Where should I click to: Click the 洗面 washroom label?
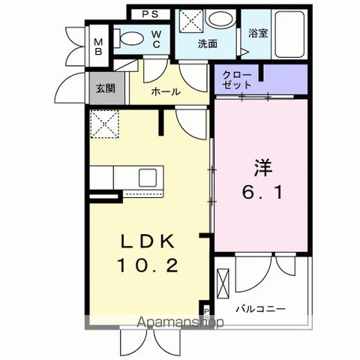pos(207,44)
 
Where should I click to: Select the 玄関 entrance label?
pos(104,87)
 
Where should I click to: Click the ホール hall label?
pos(165,91)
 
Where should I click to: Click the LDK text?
pos(147,241)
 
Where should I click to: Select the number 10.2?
pos(147,265)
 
